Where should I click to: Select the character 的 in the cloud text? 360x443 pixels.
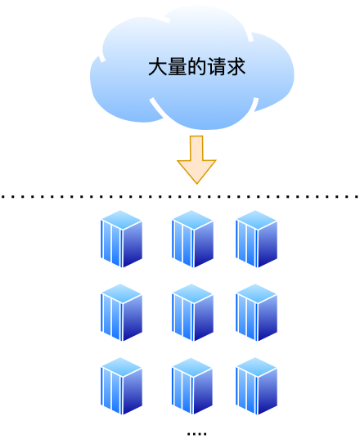[x=196, y=68]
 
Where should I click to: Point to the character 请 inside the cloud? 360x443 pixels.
[x=216, y=68]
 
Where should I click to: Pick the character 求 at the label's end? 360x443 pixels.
[x=236, y=68]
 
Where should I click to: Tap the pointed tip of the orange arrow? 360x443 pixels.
[x=196, y=181]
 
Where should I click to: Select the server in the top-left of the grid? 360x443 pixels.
[x=122, y=239]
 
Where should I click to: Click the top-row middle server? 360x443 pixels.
[x=193, y=239]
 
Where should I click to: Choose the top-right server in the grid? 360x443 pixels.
[x=257, y=239]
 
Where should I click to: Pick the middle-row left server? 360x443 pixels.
[x=122, y=313]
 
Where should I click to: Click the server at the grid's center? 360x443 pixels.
[x=193, y=313]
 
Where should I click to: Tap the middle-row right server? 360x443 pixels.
[x=257, y=313]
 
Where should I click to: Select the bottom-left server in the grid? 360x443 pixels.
[x=122, y=387]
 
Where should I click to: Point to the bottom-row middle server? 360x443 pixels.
[x=193, y=387]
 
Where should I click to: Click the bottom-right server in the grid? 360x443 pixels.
[x=257, y=387]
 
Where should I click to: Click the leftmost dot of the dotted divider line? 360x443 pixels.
[x=3, y=197]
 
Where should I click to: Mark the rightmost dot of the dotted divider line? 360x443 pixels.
[x=357, y=197]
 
